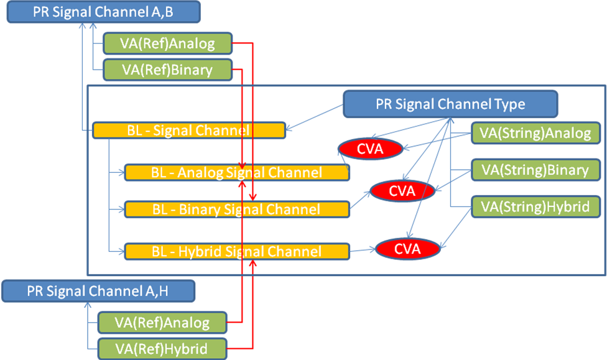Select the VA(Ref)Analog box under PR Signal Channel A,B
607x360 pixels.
tap(167, 44)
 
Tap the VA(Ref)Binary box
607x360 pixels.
tap(167, 70)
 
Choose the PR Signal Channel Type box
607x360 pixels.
tap(450, 104)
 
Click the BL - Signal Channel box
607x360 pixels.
tap(188, 131)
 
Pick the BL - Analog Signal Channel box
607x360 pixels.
tap(236, 172)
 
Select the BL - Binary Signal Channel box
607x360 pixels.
tap(236, 210)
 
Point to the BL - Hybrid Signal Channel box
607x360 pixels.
tap(236, 251)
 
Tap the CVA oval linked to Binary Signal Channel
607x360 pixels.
tap(402, 191)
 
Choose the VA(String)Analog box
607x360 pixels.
tap(536, 132)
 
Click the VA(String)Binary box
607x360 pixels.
tap(536, 170)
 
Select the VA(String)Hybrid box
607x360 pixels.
tap(536, 206)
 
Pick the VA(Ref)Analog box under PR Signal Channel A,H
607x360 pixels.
tap(162, 323)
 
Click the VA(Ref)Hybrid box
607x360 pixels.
tap(162, 348)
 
